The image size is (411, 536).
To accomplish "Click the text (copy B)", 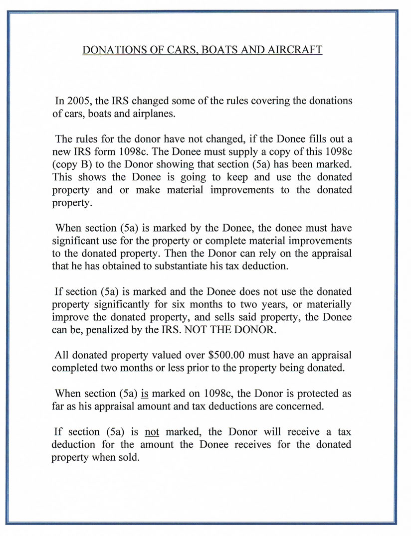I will point(74,164).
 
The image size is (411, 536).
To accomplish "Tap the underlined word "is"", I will point(145,394).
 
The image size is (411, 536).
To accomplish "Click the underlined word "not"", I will point(151,431).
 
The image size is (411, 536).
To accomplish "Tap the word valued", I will point(179,356).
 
